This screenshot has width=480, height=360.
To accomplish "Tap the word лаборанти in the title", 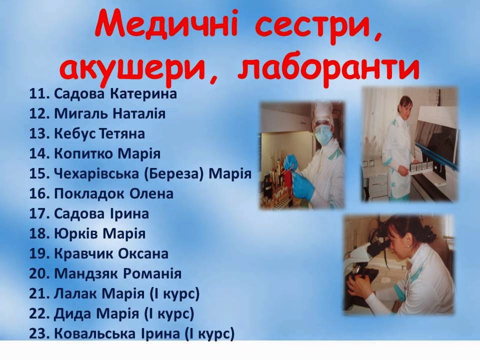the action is [328, 68].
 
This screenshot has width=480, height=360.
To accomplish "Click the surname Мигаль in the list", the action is [80, 114].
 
